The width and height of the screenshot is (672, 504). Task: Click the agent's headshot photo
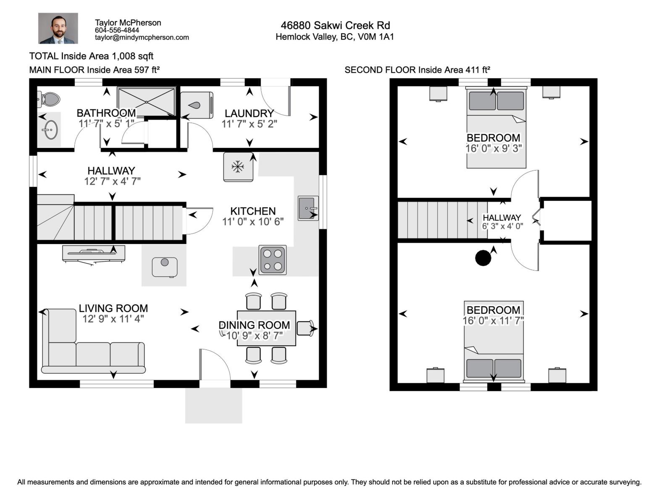[58, 28]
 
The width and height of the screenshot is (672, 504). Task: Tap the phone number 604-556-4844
[117, 30]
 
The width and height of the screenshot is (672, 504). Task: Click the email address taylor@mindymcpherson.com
[142, 37]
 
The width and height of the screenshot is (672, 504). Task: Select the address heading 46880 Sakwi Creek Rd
[335, 25]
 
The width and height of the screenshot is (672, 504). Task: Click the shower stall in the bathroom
[146, 101]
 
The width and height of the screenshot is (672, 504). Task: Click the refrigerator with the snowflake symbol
[238, 167]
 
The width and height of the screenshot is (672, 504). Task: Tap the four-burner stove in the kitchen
[273, 260]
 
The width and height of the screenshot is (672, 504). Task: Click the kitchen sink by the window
[308, 208]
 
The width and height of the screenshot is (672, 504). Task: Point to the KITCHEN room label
[253, 211]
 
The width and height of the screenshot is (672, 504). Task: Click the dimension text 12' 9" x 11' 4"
[113, 319]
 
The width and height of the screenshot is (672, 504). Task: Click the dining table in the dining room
[266, 328]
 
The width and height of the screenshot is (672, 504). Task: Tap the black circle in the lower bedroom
[483, 258]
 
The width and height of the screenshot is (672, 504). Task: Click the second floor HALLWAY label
[501, 218]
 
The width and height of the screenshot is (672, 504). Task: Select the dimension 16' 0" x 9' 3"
[493, 148]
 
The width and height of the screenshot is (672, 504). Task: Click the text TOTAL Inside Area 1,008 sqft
[91, 56]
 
